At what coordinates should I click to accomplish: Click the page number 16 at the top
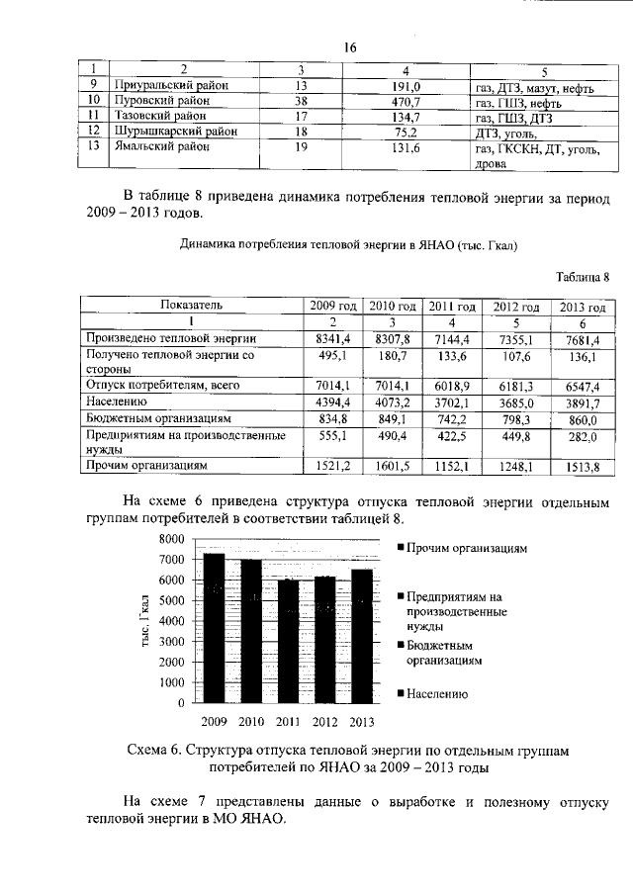point(349,48)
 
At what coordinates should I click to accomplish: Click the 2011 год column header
point(451,307)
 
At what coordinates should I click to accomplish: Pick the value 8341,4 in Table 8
point(332,339)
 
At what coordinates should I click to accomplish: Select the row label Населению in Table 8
point(117,403)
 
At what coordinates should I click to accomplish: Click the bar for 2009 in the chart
point(214,628)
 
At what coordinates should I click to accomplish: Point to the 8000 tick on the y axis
point(172,539)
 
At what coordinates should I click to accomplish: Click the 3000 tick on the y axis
point(172,642)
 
